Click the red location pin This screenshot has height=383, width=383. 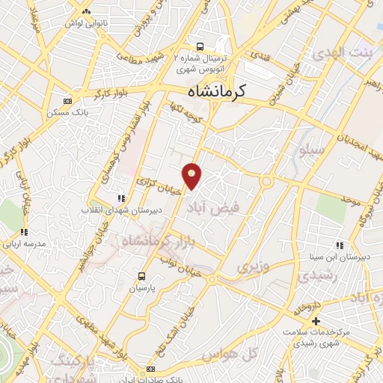coord(192,175)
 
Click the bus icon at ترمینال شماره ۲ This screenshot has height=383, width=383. coord(198,45)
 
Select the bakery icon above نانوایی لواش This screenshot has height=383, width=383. coord(87,12)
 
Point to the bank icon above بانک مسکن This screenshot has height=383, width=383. coord(68,101)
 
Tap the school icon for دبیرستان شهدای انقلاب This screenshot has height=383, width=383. coord(120,198)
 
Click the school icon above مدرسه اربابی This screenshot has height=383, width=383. coord(24,232)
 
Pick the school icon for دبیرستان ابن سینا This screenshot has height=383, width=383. coord(340,245)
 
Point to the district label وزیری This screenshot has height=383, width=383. coord(251,266)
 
